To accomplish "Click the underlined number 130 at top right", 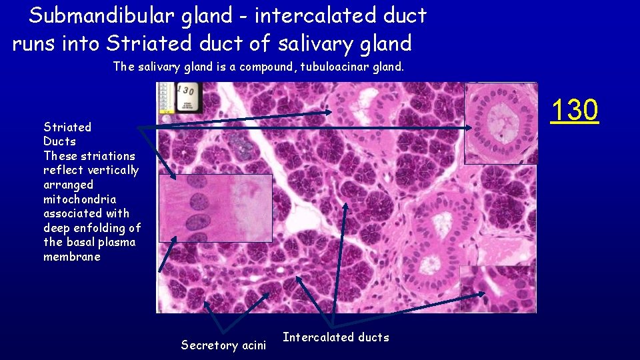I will pos(575,110).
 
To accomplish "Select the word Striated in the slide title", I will pos(138,44).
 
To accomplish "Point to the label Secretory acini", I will pos(223,345).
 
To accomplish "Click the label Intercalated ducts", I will pos(336,337).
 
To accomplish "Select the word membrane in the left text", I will pos(72,257).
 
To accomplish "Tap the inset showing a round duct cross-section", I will pos(500,123).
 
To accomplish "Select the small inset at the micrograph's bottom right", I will pos(497,288).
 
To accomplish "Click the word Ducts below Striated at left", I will pos(60,141).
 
